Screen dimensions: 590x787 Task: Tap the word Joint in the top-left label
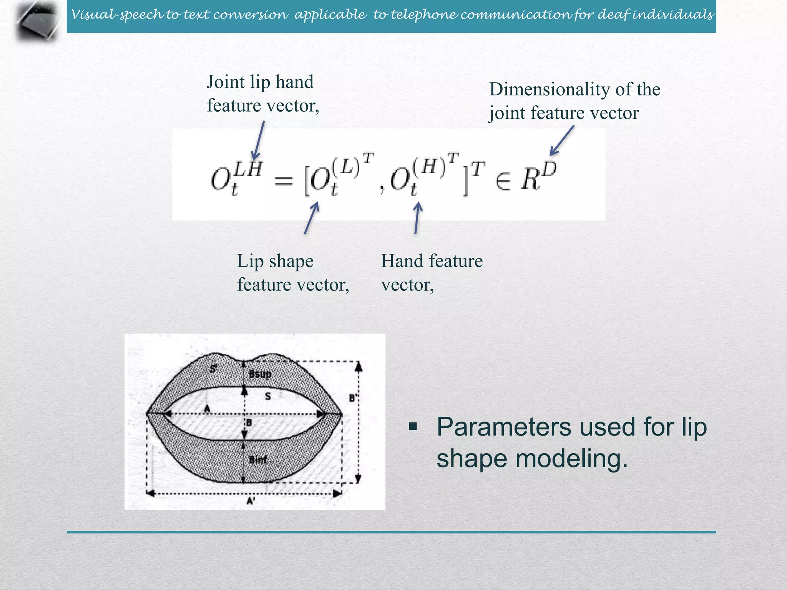coord(226,82)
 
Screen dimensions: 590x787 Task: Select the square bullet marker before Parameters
coord(413,426)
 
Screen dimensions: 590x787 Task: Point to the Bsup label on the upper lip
coord(260,374)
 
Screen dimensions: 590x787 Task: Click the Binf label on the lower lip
coord(258,459)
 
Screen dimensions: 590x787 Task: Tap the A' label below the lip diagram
coord(251,501)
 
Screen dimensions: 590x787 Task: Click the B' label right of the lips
coord(353,398)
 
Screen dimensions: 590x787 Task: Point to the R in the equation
coord(530,179)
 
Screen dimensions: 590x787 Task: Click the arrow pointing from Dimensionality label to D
coord(561,141)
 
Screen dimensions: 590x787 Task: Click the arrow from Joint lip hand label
coord(258,140)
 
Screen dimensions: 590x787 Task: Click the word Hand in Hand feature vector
coord(400,261)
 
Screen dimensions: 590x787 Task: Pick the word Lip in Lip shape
coord(250,262)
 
